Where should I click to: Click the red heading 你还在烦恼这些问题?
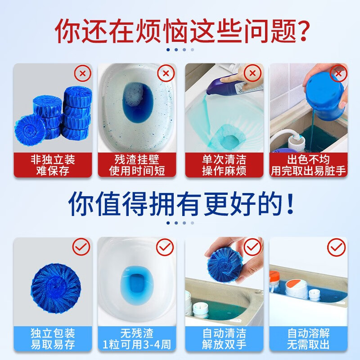click(x=182, y=31)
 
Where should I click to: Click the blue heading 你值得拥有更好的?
click(x=181, y=204)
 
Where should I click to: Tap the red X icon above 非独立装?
click(x=83, y=73)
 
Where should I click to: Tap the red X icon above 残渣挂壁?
click(x=166, y=73)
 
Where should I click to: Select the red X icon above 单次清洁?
click(x=252, y=73)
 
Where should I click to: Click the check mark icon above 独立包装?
click(x=81, y=247)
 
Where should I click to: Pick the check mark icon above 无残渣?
click(x=165, y=247)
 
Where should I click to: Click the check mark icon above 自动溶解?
click(x=336, y=247)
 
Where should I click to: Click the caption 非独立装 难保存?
click(x=53, y=165)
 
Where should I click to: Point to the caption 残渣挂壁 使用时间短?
click(x=137, y=165)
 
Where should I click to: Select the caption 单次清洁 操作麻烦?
click(x=224, y=165)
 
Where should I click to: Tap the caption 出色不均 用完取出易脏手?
click(x=308, y=165)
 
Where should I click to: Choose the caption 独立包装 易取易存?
click(x=53, y=339)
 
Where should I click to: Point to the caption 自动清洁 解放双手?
click(x=224, y=339)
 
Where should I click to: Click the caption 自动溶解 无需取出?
click(x=308, y=339)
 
